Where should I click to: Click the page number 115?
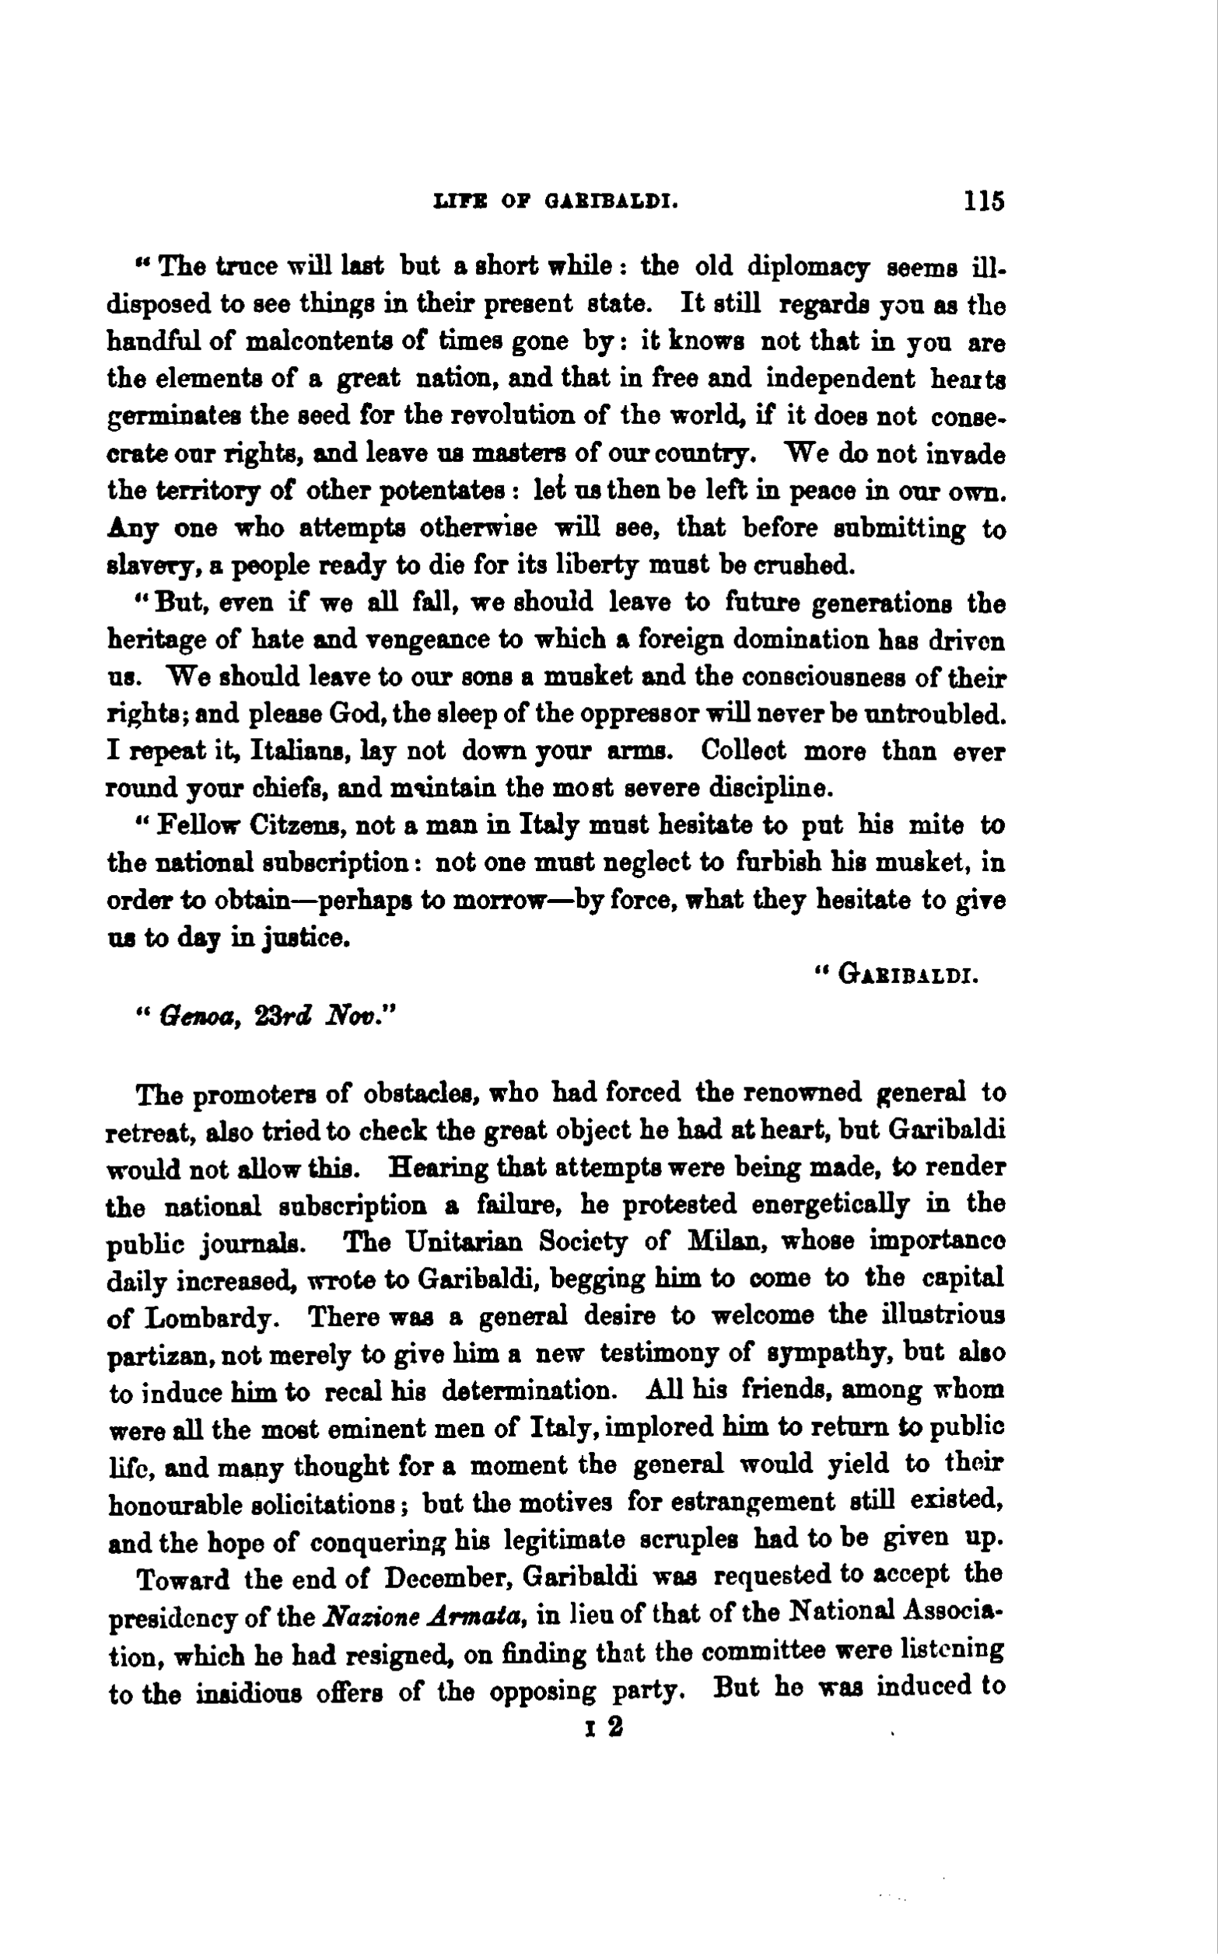tap(983, 201)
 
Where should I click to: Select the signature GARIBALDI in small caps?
tap(908, 976)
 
